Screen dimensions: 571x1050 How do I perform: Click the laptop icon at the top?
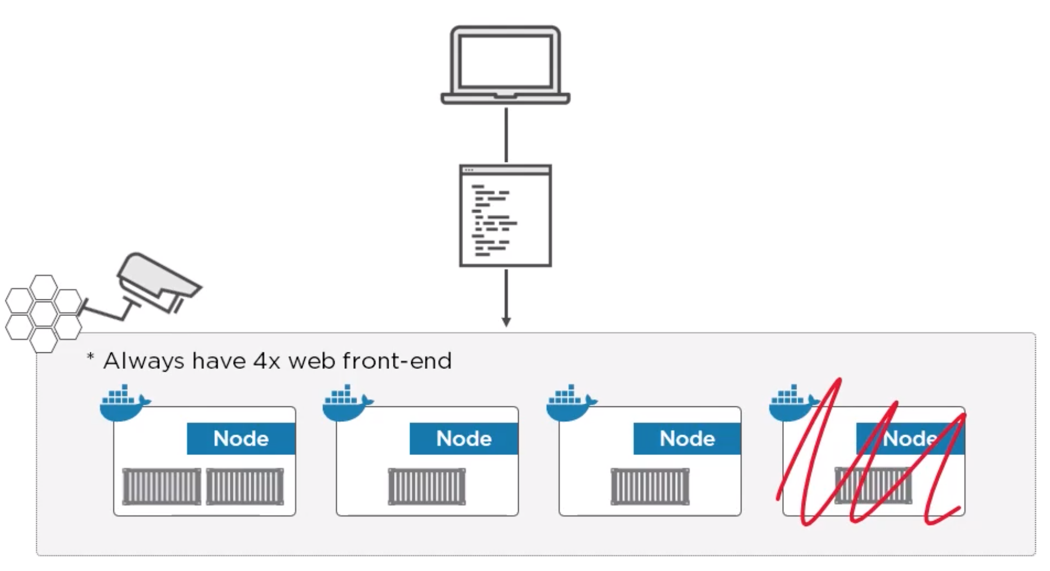pos(505,64)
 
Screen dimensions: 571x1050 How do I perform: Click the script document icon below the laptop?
pos(505,215)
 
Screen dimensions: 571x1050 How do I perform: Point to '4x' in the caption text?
pos(266,361)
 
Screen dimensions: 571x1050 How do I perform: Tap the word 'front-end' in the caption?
pos(397,361)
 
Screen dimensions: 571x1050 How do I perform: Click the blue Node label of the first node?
pos(241,438)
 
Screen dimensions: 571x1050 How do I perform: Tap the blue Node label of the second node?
pos(464,438)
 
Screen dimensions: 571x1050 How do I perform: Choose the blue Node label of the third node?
pos(687,438)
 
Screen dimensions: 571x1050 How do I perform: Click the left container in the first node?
pos(161,487)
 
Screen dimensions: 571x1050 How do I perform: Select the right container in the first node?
pos(245,487)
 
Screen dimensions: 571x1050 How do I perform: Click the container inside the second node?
pos(427,487)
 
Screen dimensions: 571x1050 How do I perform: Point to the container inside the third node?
pos(650,487)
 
